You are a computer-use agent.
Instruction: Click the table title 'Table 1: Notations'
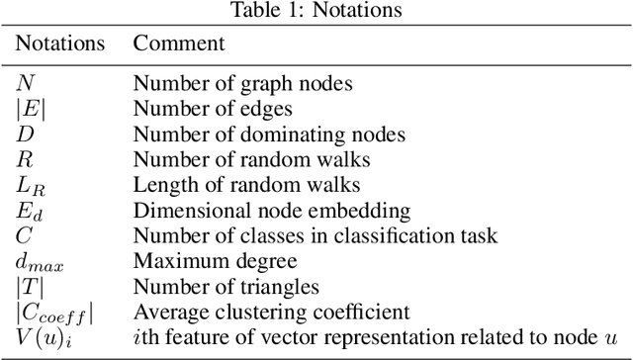pos(316,11)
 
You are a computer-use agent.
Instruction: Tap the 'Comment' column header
pos(179,45)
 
